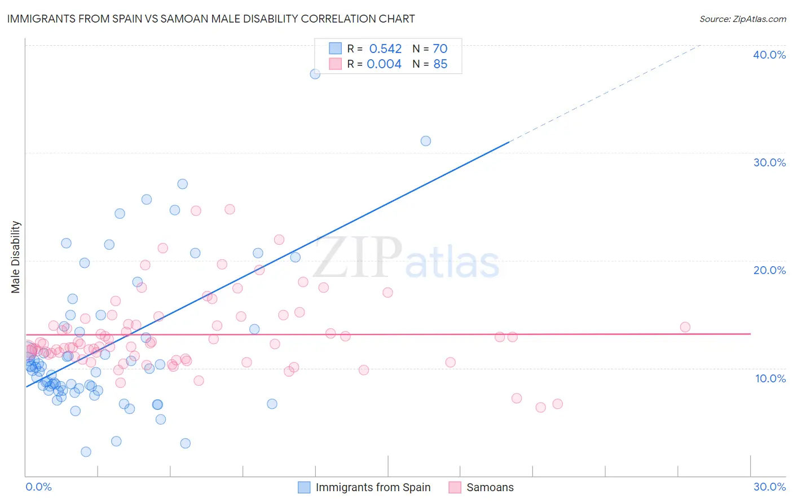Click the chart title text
click(211, 19)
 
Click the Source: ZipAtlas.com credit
click(742, 19)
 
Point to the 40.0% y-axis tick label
click(769, 55)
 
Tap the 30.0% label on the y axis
click(769, 162)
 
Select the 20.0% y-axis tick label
click(769, 270)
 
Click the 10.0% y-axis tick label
click(770, 378)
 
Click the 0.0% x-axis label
click(38, 487)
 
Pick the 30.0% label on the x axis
click(769, 487)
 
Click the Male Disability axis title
click(15, 257)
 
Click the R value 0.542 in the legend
click(385, 49)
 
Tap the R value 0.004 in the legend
click(384, 64)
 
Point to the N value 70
click(440, 49)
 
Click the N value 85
click(440, 64)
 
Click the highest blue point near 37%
click(315, 74)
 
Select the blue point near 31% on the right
click(426, 141)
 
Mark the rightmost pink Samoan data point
click(685, 327)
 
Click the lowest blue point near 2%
click(86, 452)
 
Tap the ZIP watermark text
click(358, 257)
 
